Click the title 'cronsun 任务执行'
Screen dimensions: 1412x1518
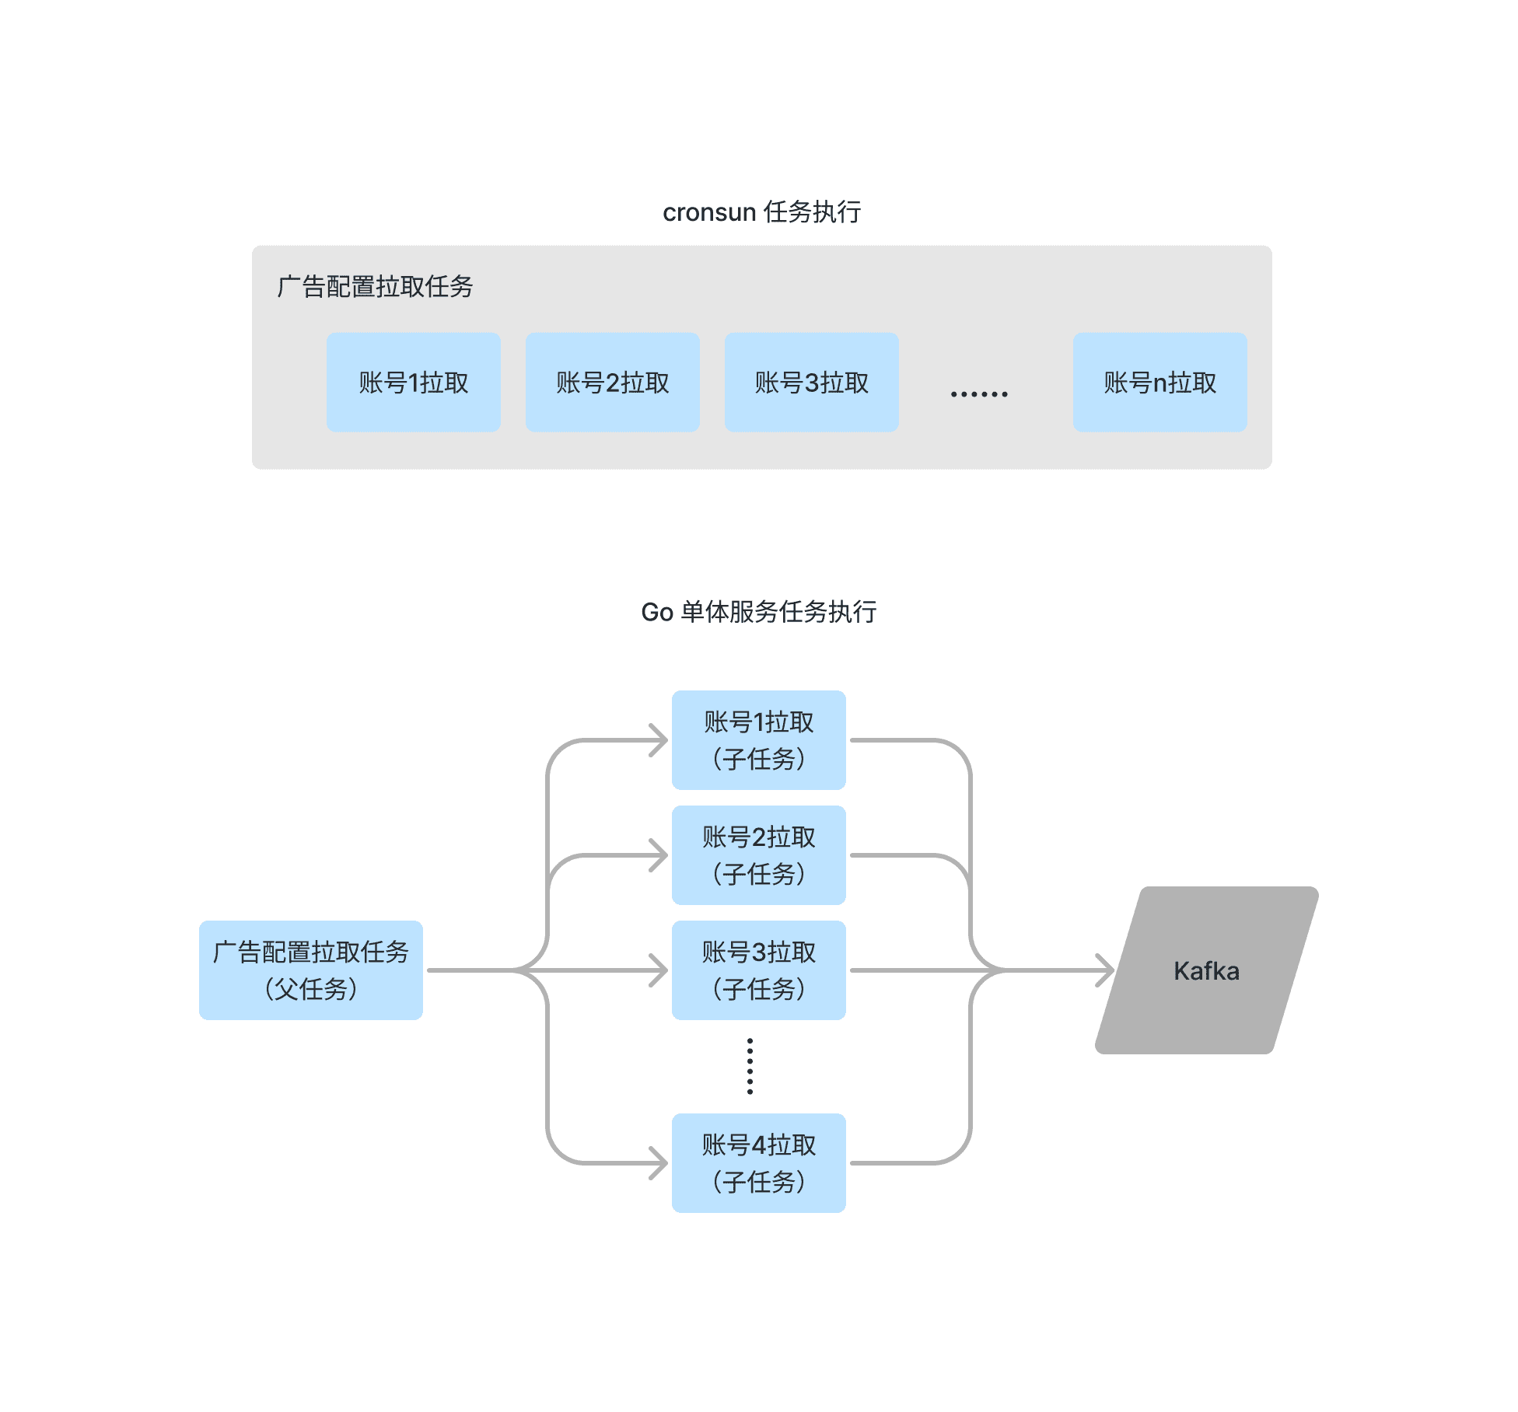point(761,212)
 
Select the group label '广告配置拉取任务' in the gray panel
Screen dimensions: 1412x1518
point(375,287)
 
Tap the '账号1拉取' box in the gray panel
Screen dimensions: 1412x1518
point(413,383)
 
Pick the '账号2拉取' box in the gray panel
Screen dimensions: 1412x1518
point(612,383)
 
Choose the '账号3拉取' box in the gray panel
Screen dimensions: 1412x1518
point(811,383)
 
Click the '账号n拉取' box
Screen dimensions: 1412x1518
point(1159,383)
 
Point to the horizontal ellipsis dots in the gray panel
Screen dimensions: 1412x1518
point(979,394)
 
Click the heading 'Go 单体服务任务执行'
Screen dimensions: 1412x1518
point(758,612)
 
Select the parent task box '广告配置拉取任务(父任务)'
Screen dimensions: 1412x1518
point(310,970)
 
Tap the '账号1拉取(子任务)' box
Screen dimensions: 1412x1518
point(758,740)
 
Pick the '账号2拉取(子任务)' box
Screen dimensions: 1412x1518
point(758,855)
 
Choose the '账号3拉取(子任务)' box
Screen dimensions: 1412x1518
point(758,970)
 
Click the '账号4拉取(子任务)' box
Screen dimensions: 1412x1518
point(758,1163)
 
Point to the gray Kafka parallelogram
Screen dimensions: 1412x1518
point(1206,970)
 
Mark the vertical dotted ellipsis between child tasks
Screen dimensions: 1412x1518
point(750,1066)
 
